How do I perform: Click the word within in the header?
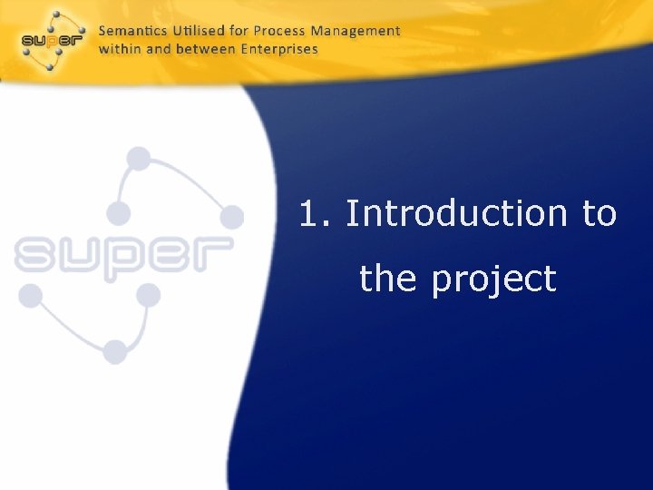(120, 49)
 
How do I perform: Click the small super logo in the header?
(52, 40)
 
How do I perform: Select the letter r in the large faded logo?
(212, 254)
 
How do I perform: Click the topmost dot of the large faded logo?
(138, 159)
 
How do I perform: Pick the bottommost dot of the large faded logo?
(115, 350)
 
